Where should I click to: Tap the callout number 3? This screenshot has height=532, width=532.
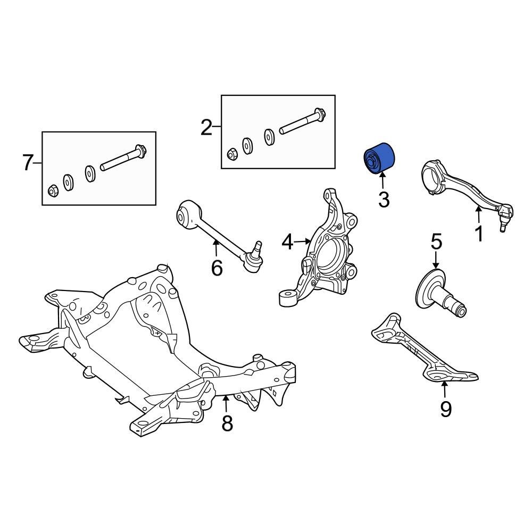pyautogui.click(x=384, y=200)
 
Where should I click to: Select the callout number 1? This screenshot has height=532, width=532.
pyautogui.click(x=478, y=234)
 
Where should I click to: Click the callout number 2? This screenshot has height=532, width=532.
pyautogui.click(x=206, y=128)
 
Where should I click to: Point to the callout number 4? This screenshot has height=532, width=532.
pyautogui.click(x=287, y=243)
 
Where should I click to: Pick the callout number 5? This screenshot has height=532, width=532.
pyautogui.click(x=436, y=242)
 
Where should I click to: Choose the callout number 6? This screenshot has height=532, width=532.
pyautogui.click(x=217, y=268)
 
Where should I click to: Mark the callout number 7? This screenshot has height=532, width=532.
pyautogui.click(x=28, y=163)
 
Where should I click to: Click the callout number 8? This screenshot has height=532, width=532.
pyautogui.click(x=227, y=423)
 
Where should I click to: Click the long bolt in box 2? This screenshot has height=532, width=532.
pyautogui.click(x=303, y=122)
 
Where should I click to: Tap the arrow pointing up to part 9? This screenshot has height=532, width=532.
pyautogui.click(x=444, y=390)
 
